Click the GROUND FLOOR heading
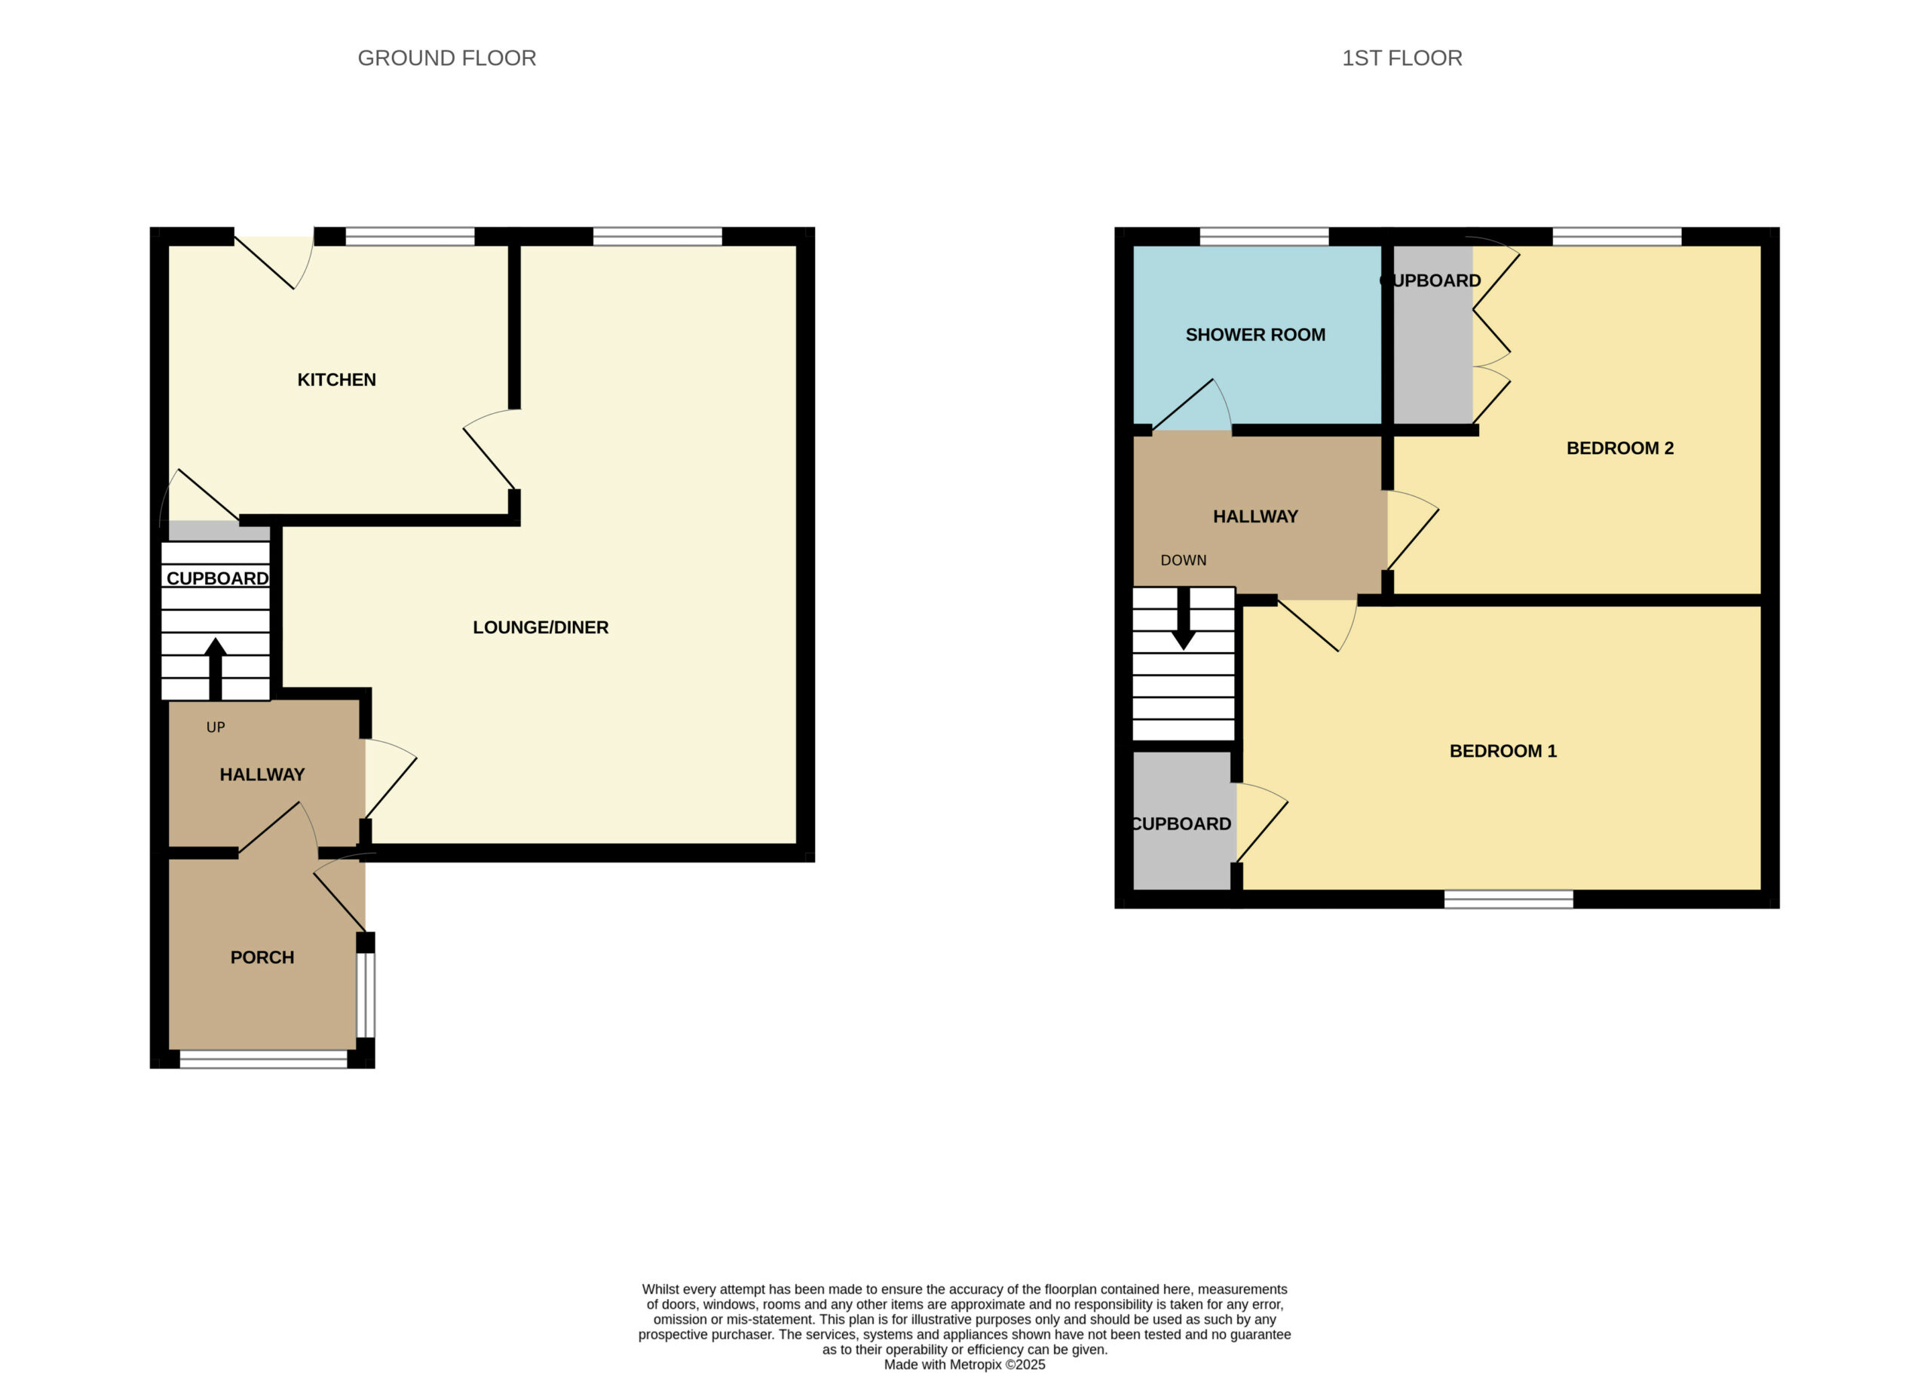pyautogui.click(x=446, y=58)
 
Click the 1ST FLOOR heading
pyautogui.click(x=1402, y=58)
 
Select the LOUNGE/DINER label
pyautogui.click(x=541, y=627)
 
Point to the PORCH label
pyautogui.click(x=262, y=958)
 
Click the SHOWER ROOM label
pyautogui.click(x=1255, y=335)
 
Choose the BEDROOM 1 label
pyautogui.click(x=1503, y=751)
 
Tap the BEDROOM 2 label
pyautogui.click(x=1619, y=448)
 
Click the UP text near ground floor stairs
pyautogui.click(x=216, y=727)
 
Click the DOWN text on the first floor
pyautogui.click(x=1184, y=560)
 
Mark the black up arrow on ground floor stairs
pyautogui.click(x=216, y=668)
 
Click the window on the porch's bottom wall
pyautogui.click(x=264, y=1059)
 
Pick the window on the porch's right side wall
pyautogui.click(x=365, y=995)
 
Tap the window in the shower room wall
pyautogui.click(x=1264, y=236)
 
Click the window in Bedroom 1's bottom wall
pyautogui.click(x=1508, y=899)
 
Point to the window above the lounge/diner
pyautogui.click(x=657, y=236)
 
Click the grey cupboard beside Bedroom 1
pyautogui.click(x=1182, y=820)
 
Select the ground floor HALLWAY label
pyautogui.click(x=262, y=774)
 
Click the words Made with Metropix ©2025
pyautogui.click(x=964, y=1365)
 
